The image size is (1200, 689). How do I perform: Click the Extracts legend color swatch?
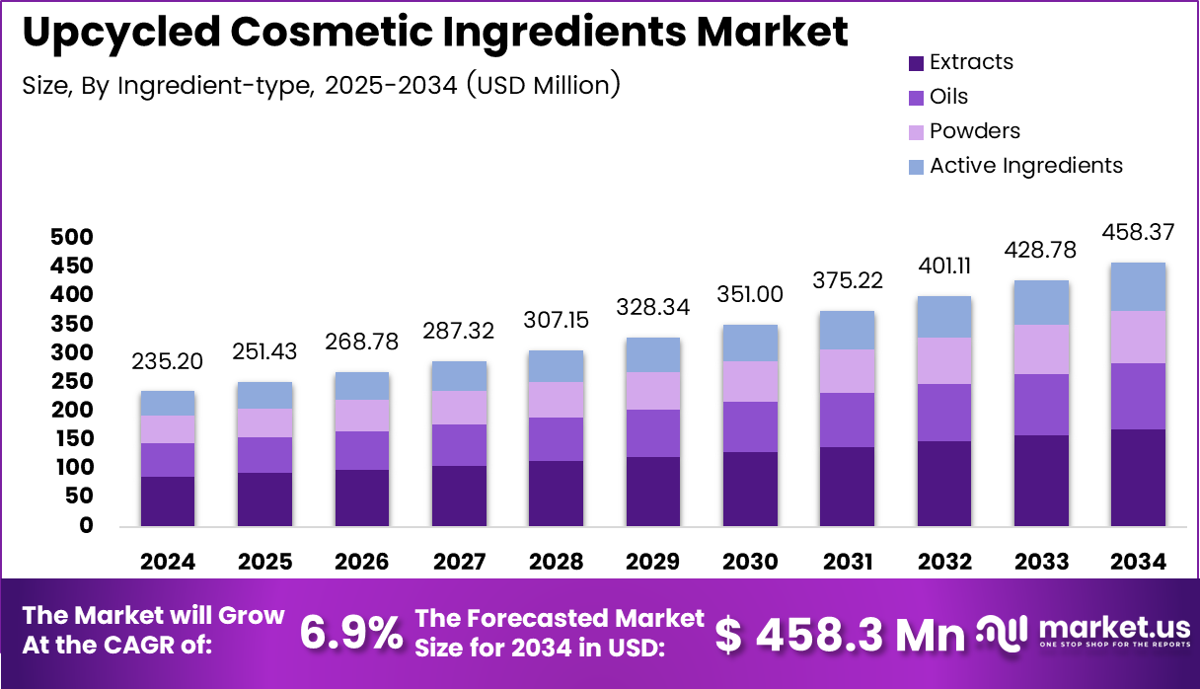[x=915, y=63]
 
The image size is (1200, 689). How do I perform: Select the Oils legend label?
[x=948, y=97]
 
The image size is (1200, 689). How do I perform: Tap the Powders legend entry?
[x=974, y=131]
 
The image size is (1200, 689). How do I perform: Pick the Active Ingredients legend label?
[x=1025, y=166]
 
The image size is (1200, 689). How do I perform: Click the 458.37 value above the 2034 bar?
[x=1138, y=234]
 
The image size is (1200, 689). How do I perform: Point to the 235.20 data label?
[x=167, y=362]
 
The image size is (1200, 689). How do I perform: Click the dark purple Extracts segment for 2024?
[x=167, y=501]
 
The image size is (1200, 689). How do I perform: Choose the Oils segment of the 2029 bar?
[x=651, y=433]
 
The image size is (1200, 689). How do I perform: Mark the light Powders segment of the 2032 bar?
[x=942, y=360]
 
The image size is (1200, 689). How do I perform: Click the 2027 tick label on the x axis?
[x=459, y=563]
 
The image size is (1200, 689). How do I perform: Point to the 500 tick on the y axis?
[x=71, y=238]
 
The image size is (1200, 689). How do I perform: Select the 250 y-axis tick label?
[x=71, y=382]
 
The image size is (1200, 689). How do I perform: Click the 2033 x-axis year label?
[x=1041, y=563]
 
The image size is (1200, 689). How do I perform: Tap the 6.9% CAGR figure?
[x=350, y=634]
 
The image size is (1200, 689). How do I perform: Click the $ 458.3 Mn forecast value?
[x=840, y=635]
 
